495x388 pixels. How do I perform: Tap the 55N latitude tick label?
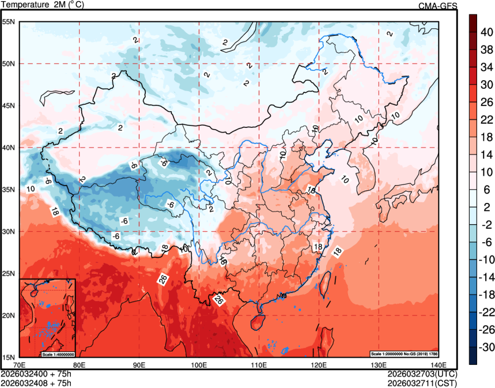tap(9, 22)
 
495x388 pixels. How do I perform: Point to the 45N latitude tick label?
tap(9, 106)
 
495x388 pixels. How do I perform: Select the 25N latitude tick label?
tap(9, 273)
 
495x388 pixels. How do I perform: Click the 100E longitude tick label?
tap(199, 364)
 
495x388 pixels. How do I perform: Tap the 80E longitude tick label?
tap(79, 364)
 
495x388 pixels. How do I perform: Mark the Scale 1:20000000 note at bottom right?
tap(406, 353)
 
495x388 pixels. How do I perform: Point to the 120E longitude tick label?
tap(318, 364)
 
